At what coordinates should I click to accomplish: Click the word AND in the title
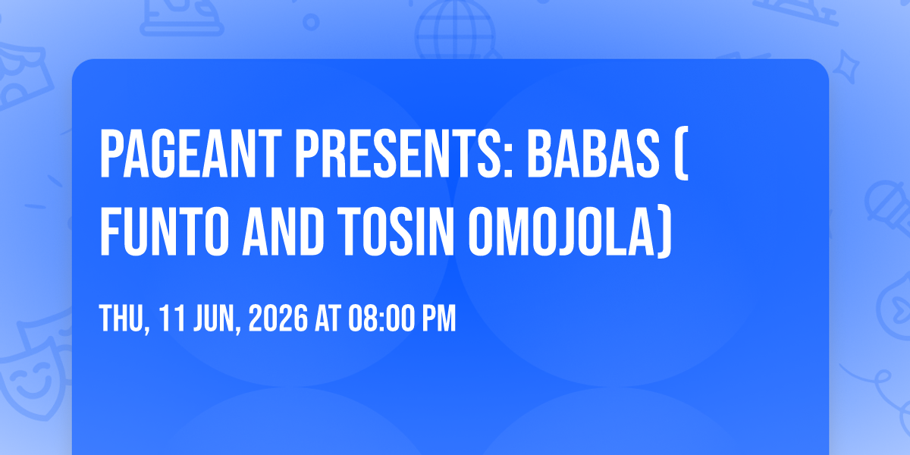click(x=283, y=231)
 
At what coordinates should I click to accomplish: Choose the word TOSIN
click(x=395, y=231)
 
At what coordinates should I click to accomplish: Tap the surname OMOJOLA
click(x=561, y=231)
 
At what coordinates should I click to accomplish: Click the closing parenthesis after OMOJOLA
click(x=665, y=231)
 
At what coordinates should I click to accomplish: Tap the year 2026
click(x=278, y=318)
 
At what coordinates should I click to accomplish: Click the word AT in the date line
click(x=328, y=318)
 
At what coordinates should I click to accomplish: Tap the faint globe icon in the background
click(x=455, y=29)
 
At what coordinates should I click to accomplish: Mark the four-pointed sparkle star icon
click(x=846, y=67)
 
